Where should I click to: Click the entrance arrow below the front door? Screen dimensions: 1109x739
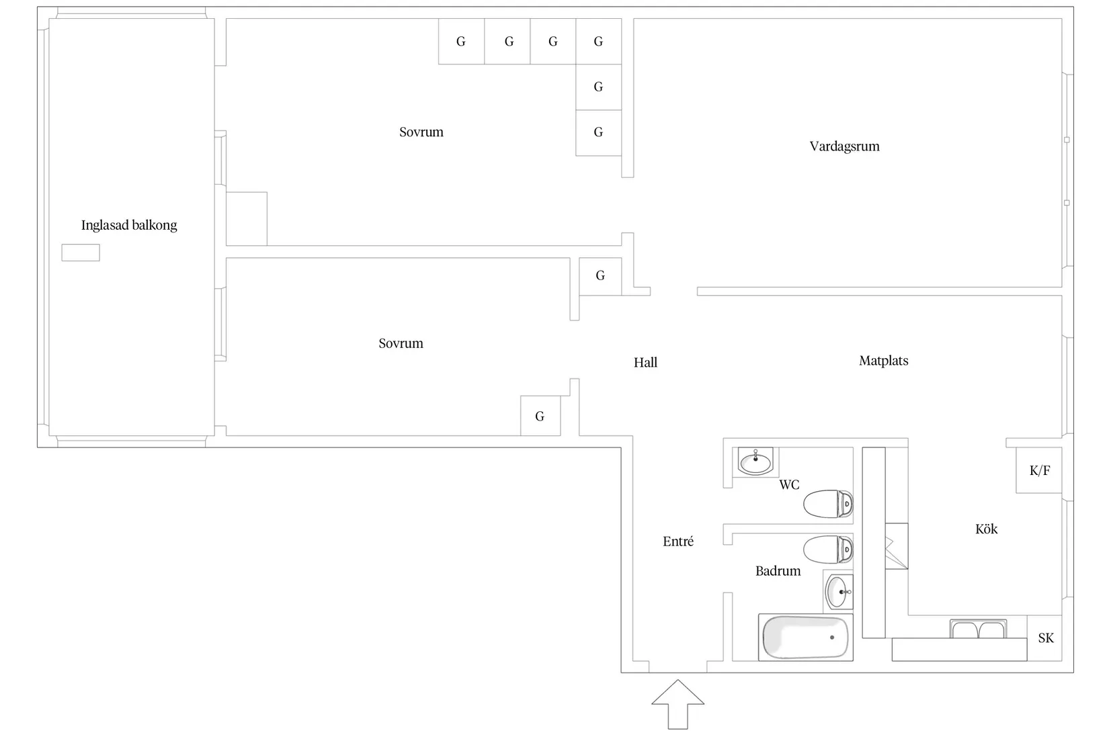[677, 704]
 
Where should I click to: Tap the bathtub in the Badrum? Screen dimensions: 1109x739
[805, 638]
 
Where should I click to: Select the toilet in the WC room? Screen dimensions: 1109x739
[828, 504]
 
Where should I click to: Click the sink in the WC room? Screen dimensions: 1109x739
[755, 462]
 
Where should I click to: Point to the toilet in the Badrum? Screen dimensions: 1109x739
[828, 550]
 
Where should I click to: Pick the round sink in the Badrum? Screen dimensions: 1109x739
[837, 591]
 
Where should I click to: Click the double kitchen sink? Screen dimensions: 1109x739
[978, 629]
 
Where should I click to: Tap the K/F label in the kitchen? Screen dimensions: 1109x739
[1040, 470]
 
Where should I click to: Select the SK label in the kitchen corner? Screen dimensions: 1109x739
[1046, 638]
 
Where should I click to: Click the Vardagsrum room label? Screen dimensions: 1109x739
[845, 146]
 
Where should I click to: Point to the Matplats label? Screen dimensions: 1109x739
[884, 361]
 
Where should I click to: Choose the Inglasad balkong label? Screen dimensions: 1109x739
[129, 226]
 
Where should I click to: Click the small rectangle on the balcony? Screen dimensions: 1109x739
[81, 253]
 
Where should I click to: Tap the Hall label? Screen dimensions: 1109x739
[646, 363]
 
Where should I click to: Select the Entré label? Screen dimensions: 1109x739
[678, 541]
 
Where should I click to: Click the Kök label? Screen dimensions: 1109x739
[986, 529]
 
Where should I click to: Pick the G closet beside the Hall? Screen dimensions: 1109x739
[600, 276]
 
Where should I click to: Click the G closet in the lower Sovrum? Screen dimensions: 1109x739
[540, 416]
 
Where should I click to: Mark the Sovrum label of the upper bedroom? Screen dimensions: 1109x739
[421, 132]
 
